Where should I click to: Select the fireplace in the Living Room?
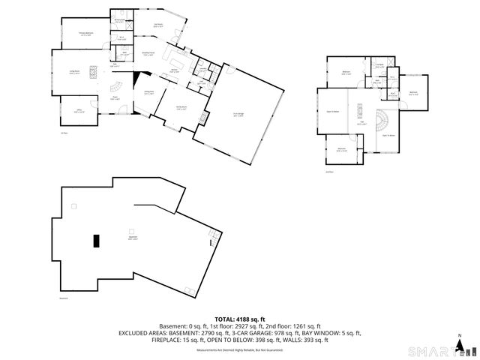click(x=93, y=72)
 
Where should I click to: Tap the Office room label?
click(x=78, y=111)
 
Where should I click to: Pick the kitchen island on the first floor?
click(x=178, y=59)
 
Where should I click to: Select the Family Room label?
click(x=181, y=108)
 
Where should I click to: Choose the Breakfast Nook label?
click(x=149, y=53)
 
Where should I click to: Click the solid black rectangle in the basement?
click(x=95, y=240)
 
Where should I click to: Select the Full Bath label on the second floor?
click(x=380, y=65)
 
